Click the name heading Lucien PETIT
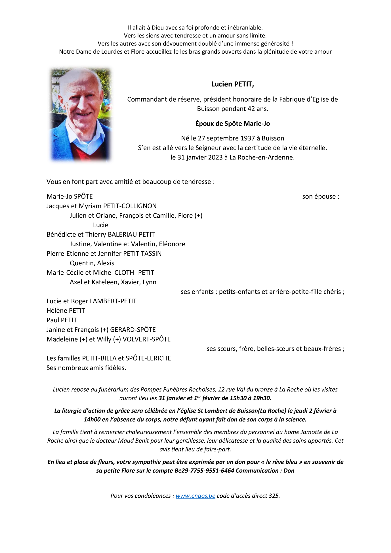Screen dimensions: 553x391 [x=232, y=84]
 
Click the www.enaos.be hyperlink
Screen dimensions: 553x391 [x=195, y=496]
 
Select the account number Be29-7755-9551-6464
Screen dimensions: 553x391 [x=204, y=471]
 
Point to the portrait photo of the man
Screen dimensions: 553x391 [x=81, y=114]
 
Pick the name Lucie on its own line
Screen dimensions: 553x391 [x=100, y=225]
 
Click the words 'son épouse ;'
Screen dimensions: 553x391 [x=320, y=197]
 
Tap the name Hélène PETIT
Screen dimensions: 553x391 [x=66, y=311]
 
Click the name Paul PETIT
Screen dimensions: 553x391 [x=62, y=320]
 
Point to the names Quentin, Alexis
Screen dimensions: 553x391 [x=92, y=263]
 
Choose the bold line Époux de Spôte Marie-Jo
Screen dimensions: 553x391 [x=232, y=124]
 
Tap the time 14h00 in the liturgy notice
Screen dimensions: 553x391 [x=92, y=419]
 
